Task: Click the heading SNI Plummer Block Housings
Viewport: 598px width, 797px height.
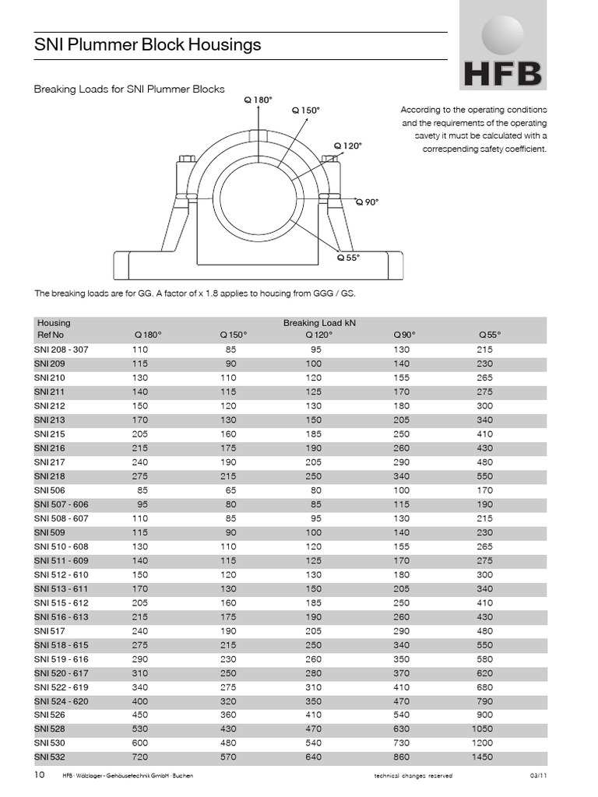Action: [147, 45]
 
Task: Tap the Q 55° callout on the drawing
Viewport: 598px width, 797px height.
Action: [348, 258]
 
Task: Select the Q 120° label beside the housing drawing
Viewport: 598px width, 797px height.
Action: [348, 146]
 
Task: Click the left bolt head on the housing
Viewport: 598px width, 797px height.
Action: [187, 160]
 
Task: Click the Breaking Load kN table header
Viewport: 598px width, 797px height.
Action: [319, 322]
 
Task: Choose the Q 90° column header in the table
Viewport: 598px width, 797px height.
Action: [404, 334]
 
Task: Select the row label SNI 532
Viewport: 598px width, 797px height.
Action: [49, 757]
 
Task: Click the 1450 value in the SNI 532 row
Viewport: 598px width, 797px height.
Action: [481, 757]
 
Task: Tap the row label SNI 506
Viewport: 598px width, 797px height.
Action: [49, 490]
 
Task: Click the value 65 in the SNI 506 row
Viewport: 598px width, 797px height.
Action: [230, 490]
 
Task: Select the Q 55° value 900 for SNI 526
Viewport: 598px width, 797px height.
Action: [484, 714]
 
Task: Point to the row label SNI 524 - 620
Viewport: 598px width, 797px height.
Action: [62, 700]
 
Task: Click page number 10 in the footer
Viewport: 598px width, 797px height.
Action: [40, 776]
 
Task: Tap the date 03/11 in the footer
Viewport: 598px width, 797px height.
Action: [538, 777]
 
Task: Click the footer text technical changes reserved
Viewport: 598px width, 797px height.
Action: [413, 777]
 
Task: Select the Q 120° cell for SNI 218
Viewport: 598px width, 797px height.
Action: [313, 476]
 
